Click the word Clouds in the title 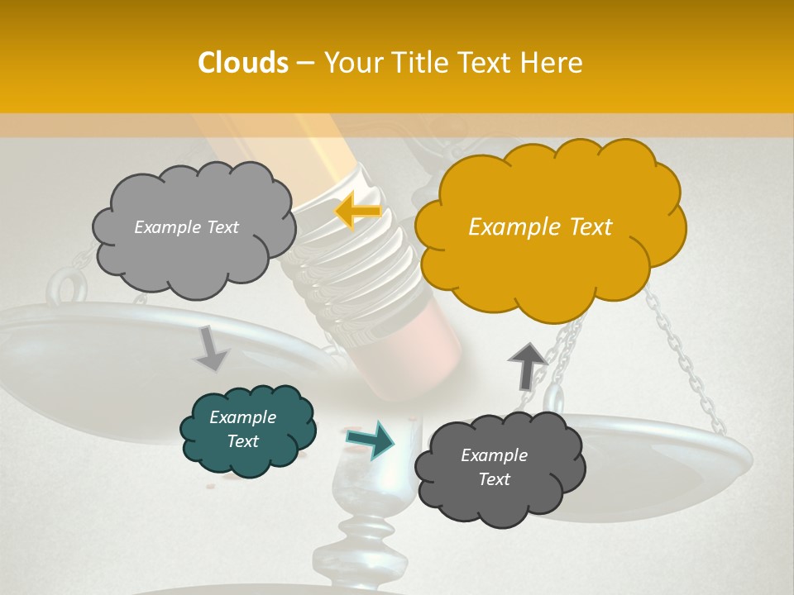pos(243,63)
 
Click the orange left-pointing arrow pos(357,212)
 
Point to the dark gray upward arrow pos(526,366)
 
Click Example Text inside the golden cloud pos(540,227)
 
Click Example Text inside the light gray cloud pos(186,227)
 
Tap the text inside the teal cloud pos(242,429)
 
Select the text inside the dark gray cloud pos(494,467)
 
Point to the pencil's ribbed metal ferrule pos(356,256)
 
